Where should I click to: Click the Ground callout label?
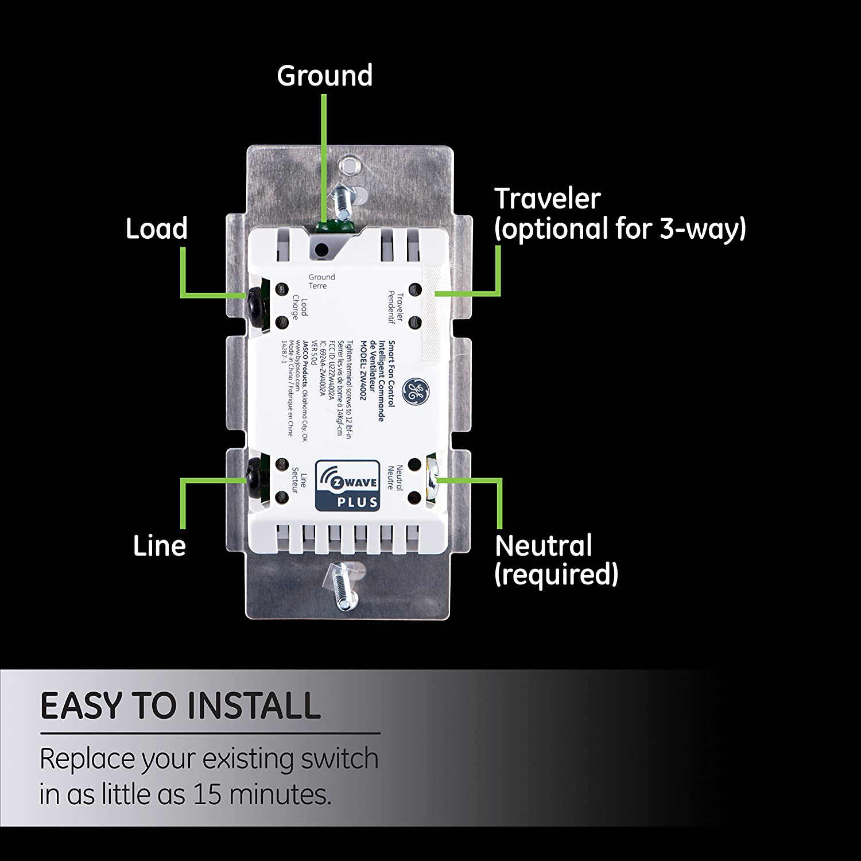coord(324,76)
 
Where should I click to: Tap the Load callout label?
coord(157,228)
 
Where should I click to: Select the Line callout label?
coord(160,545)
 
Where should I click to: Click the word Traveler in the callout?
coord(547,199)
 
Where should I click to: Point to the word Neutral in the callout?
coord(543,545)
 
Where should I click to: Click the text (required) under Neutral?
coord(556,574)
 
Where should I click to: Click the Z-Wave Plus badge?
coord(347,485)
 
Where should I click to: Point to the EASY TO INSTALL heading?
coord(180,705)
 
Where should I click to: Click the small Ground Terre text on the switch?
coord(321,281)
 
